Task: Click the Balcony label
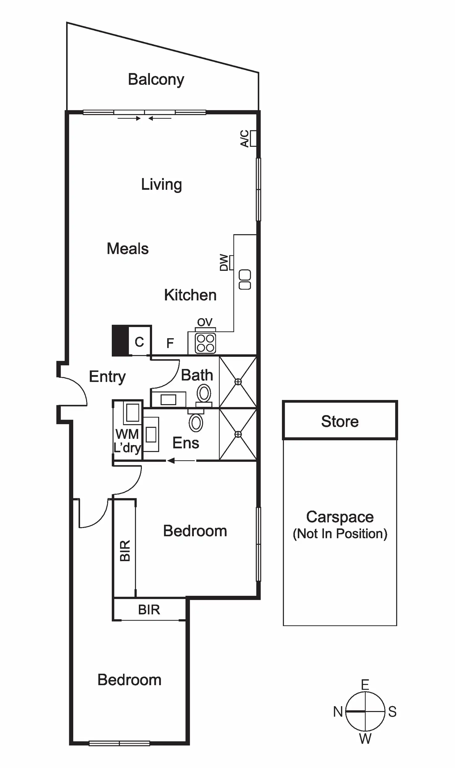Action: coord(156,79)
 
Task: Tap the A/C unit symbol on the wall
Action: coord(253,138)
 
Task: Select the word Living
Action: coord(161,185)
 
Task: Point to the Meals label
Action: coord(128,249)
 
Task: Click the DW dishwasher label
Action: coord(224,262)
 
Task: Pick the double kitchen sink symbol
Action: coord(245,279)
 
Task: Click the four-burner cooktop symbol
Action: coord(206,343)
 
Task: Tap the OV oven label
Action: coord(205,322)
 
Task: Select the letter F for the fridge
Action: coord(170,343)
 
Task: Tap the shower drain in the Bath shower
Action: coord(238,382)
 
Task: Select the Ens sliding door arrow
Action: coord(181,461)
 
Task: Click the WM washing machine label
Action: coord(127,434)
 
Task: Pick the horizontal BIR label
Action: coord(149,610)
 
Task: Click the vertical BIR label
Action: coord(125,550)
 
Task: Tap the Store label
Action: coord(340,421)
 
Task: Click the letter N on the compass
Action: coord(338,712)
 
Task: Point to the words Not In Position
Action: coord(340,534)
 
